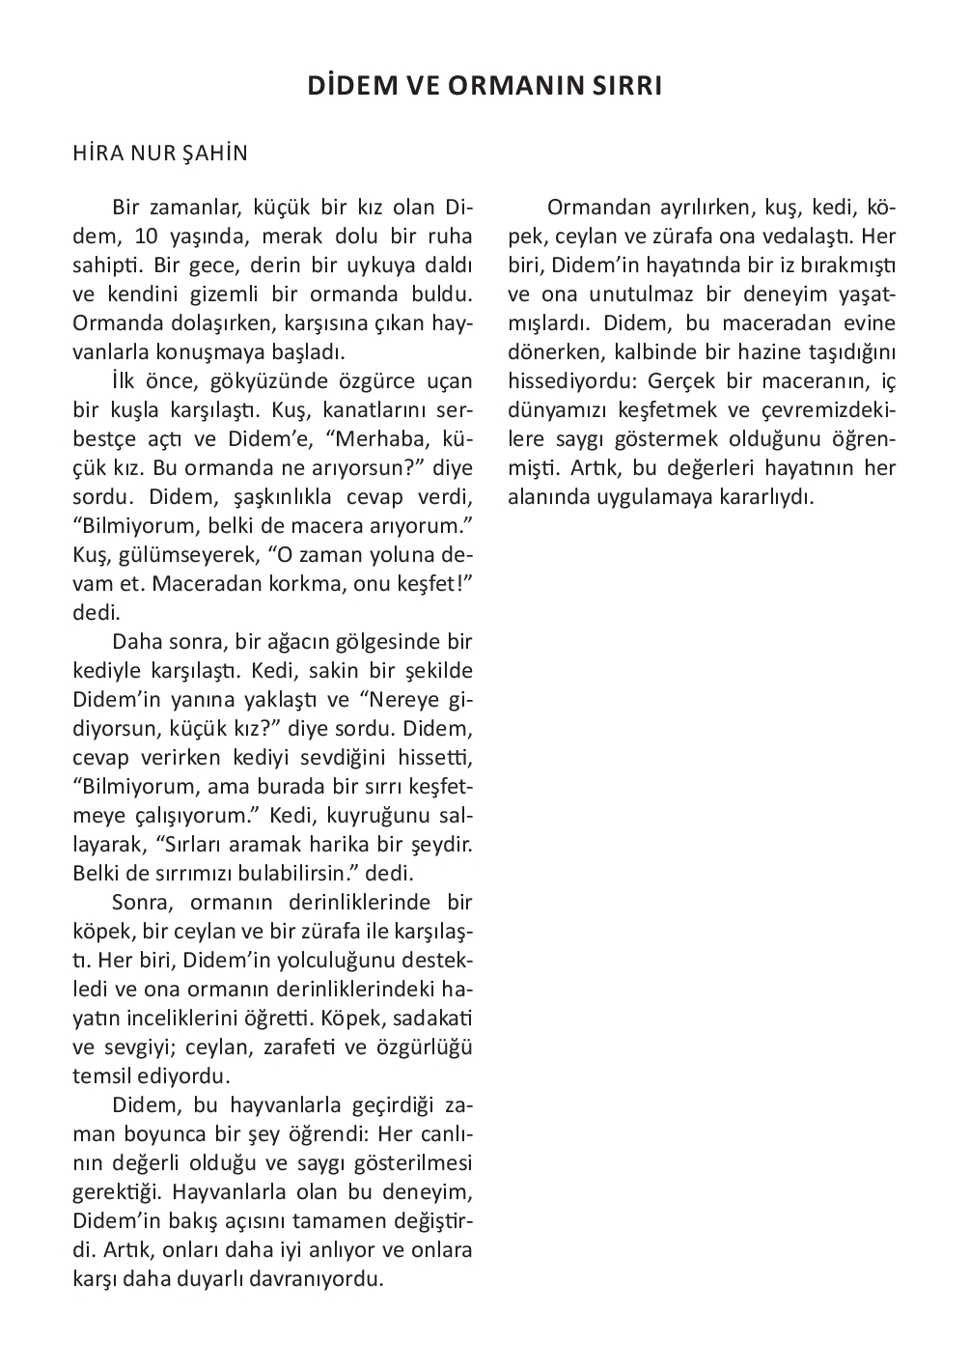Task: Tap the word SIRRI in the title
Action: tap(626, 86)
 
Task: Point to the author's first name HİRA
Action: tap(97, 154)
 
